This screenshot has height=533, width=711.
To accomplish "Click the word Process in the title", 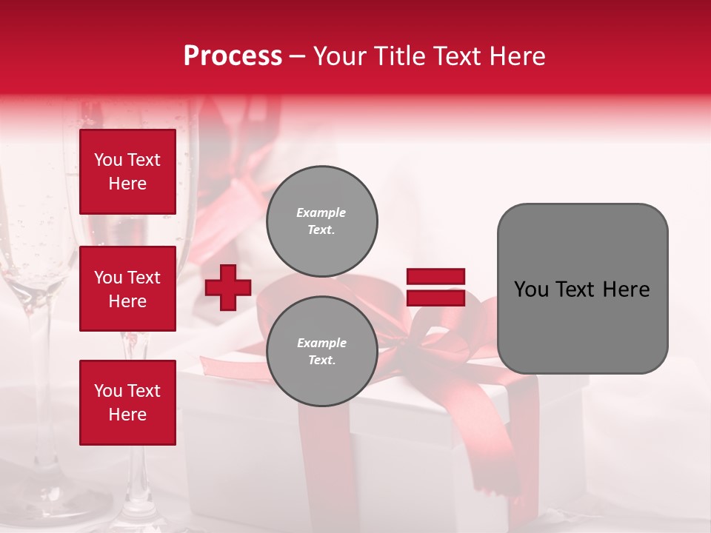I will click(x=233, y=56).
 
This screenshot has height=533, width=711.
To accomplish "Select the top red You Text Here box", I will click(x=127, y=172).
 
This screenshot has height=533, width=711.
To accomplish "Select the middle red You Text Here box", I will click(x=127, y=289).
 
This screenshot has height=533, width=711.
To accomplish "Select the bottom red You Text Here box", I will click(x=127, y=403).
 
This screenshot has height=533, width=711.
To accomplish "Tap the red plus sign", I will click(x=228, y=287).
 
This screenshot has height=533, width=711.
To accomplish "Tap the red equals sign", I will click(x=435, y=287).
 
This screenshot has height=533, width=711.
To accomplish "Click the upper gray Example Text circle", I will click(x=321, y=221).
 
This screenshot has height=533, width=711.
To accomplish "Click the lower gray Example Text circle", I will click(x=321, y=351).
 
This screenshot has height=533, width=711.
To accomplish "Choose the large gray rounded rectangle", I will click(x=582, y=289).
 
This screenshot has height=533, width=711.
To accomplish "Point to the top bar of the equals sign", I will click(x=435, y=277).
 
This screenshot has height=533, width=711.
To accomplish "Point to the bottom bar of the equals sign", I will click(x=435, y=298).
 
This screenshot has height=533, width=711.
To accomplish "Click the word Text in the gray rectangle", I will click(x=575, y=289).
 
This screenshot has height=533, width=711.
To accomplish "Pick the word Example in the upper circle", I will click(x=321, y=212).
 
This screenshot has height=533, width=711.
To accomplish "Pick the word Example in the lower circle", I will click(x=321, y=343).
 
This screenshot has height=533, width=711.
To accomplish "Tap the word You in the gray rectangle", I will click(x=532, y=289).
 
